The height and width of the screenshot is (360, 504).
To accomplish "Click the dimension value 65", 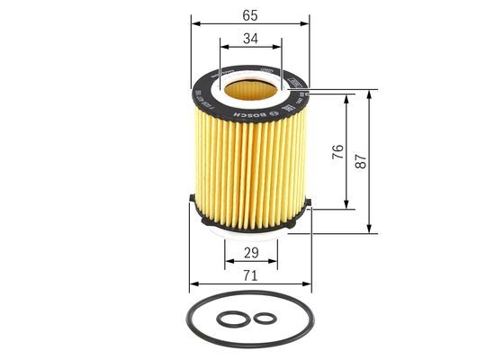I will pos(249,14).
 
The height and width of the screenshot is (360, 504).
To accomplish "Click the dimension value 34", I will pos(249,38).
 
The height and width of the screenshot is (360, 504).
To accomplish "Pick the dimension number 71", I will pos(249,275).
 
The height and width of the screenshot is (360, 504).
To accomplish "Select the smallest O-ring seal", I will pos(264,318).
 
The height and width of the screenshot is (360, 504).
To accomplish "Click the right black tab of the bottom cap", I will pos(306,203).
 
